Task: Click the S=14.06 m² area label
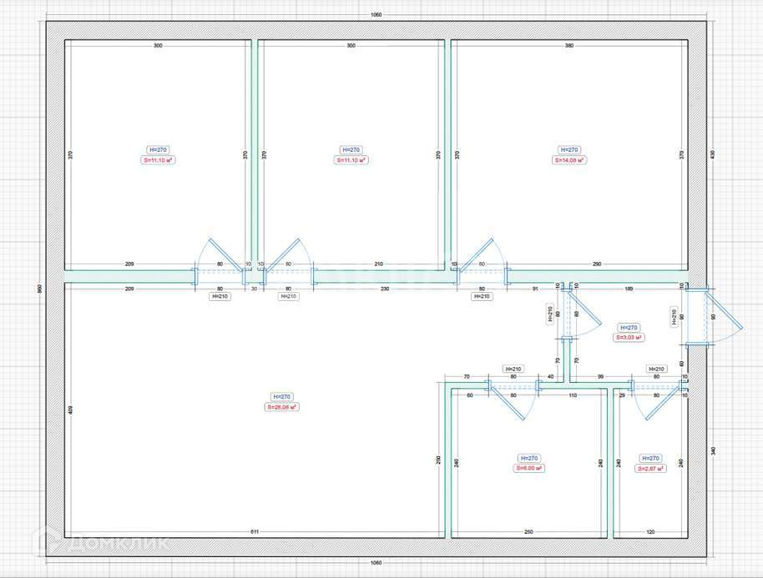[569, 160]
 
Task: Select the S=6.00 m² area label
[529, 469]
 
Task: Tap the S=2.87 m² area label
[650, 469]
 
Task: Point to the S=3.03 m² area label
[629, 338]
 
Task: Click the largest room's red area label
[282, 407]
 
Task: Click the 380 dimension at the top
[569, 46]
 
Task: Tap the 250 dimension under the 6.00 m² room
[528, 531]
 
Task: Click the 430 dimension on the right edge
[712, 154]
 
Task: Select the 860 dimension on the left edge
[39, 289]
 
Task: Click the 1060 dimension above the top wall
[376, 15]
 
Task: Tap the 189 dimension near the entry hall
[629, 289]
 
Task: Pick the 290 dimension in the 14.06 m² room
[596, 264]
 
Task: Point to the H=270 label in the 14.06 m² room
[569, 150]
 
